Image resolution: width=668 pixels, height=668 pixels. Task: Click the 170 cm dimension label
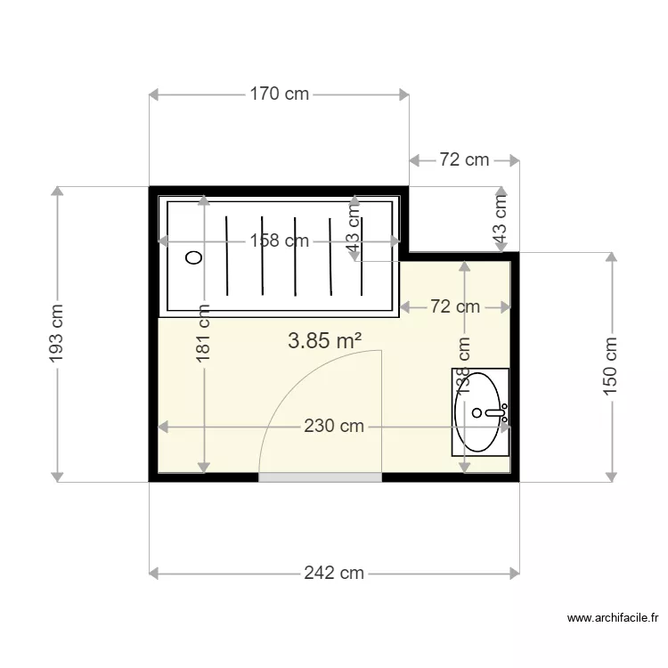coord(279,94)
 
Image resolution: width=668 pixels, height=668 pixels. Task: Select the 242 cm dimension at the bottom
coord(333,573)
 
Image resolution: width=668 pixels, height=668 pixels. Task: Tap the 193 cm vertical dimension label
coord(56,334)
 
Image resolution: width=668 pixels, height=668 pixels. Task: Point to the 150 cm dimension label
coord(611,366)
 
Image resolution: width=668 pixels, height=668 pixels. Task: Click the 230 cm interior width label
coord(333,427)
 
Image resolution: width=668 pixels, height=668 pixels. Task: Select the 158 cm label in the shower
coord(279,240)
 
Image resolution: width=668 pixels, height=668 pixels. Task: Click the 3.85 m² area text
coord(325,340)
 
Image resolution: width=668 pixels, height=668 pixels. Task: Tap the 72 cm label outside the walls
coord(464,160)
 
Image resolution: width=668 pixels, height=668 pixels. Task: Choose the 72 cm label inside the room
coord(454,307)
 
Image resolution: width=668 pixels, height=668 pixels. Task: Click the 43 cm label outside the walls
coord(501,220)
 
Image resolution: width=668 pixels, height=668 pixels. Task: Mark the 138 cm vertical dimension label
coord(463,365)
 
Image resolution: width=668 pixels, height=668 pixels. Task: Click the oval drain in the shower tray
coord(193,257)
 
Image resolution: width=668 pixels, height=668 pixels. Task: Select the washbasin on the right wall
coord(480,412)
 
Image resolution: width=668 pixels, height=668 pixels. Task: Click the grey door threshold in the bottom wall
coord(320,477)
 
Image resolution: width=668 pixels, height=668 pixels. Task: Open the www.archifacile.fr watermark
coord(612,617)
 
